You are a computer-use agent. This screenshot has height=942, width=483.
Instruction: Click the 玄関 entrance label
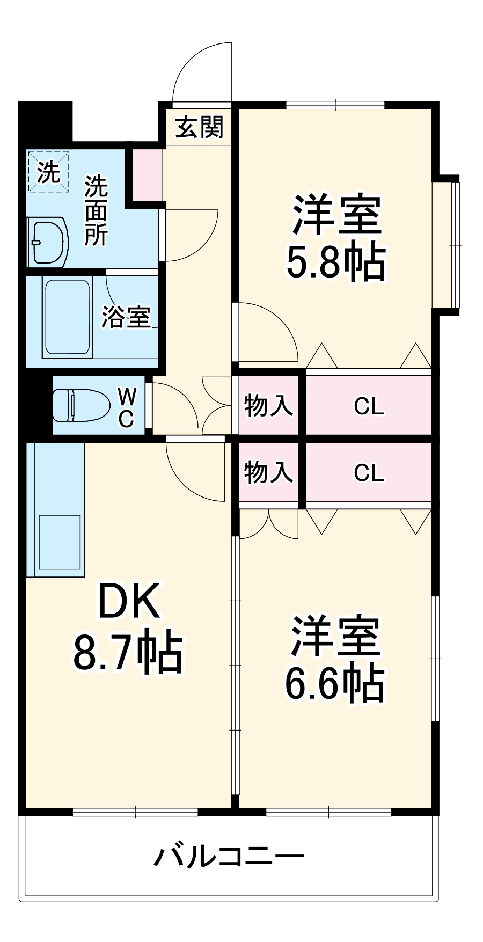point(200,128)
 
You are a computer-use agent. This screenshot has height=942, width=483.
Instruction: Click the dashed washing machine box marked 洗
point(49,171)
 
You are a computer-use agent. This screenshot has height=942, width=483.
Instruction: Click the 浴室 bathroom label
point(126,317)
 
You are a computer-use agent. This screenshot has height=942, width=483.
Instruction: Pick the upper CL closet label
point(369,407)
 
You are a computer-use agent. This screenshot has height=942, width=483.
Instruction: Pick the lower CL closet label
point(369,473)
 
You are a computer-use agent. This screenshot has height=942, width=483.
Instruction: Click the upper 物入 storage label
point(268,406)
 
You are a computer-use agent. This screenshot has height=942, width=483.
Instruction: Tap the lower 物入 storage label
point(268,472)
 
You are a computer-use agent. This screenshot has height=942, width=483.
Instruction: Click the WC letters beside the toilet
point(126,408)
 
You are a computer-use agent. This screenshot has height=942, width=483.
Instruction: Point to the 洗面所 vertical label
point(96,210)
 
